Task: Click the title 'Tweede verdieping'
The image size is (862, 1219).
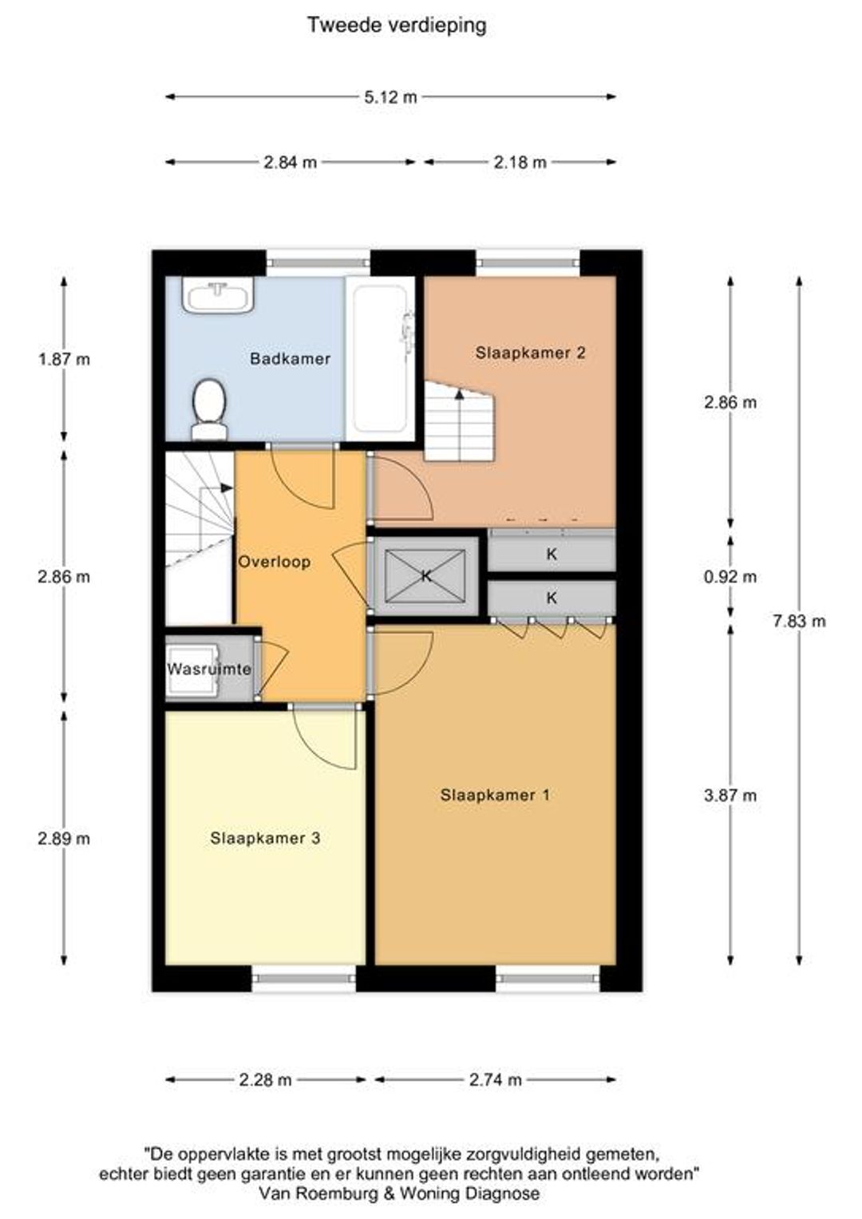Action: (x=397, y=25)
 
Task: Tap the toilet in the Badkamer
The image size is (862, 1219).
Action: (x=209, y=408)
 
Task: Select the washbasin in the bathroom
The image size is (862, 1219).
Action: (x=219, y=297)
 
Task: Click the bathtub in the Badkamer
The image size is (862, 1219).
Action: (x=380, y=359)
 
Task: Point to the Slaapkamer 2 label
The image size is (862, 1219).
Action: (x=531, y=353)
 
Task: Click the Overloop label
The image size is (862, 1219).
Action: (x=275, y=562)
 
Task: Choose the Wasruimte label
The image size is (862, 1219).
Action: (x=209, y=669)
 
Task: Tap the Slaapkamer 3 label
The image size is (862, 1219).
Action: (x=265, y=838)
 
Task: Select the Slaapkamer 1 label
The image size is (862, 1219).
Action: (x=495, y=795)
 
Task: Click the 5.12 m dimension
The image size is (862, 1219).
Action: (x=390, y=97)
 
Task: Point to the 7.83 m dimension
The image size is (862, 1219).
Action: (x=799, y=621)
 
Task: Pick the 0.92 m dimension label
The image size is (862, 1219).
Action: (x=730, y=576)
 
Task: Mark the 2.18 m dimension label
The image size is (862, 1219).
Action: (x=520, y=162)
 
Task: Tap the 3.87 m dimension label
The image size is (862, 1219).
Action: (x=730, y=795)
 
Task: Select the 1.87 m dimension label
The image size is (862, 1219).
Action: (x=65, y=360)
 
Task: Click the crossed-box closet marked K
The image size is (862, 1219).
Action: (x=425, y=575)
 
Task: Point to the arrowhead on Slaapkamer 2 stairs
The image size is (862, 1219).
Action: (x=459, y=394)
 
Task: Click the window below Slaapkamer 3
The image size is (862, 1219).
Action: (x=304, y=978)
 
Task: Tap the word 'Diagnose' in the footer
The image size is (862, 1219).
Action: (x=502, y=1193)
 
